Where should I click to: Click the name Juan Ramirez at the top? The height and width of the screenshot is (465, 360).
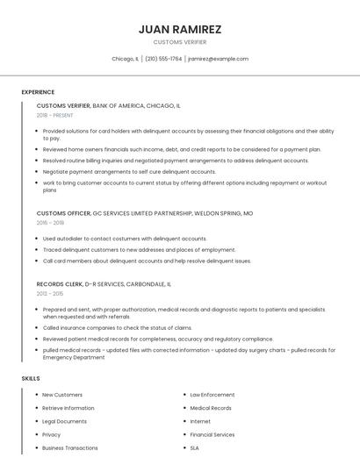[x=180, y=29]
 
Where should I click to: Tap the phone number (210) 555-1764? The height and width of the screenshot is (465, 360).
[x=163, y=59]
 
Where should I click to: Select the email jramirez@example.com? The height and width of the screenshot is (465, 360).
[x=219, y=59]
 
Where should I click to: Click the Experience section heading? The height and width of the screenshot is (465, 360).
[x=38, y=92]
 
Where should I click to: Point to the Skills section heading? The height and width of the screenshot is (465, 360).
[x=31, y=378]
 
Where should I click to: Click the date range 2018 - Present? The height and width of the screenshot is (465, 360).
[x=55, y=115]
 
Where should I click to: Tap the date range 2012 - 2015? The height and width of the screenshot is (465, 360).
[x=51, y=294]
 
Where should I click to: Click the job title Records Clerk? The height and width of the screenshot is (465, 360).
[x=60, y=284]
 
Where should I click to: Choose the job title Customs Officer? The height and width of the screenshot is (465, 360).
[x=63, y=213]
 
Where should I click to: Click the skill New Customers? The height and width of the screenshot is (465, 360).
[x=62, y=395]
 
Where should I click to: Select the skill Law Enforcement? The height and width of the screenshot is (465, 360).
[x=212, y=395]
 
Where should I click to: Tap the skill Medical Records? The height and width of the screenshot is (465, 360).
[x=211, y=408]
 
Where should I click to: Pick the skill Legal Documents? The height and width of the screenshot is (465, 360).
[x=65, y=421]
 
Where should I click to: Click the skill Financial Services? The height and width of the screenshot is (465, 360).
[x=212, y=434]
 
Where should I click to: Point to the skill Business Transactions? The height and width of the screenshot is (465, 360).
[x=70, y=447]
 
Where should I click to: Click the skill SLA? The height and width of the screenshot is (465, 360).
[x=195, y=447]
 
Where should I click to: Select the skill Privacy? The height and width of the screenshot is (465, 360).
[x=52, y=434]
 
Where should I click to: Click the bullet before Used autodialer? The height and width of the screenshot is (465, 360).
[x=37, y=239]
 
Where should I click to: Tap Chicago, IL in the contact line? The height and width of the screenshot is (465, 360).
[x=125, y=59]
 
